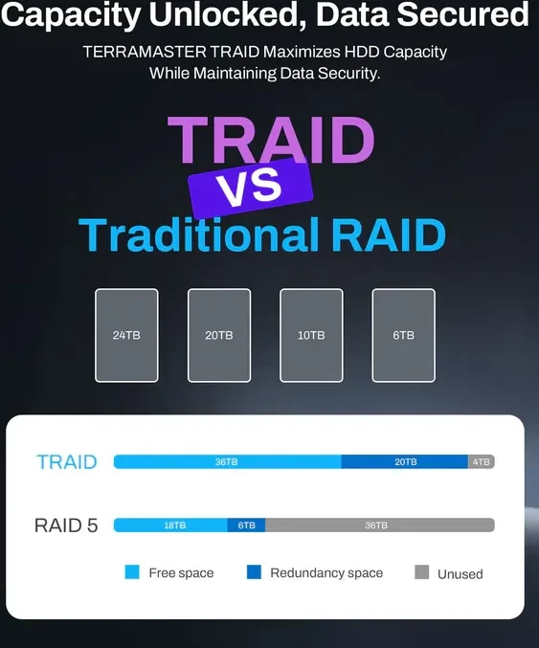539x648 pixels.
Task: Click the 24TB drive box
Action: [126, 335]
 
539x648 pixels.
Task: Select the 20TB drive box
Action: [219, 335]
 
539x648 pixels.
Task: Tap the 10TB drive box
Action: [311, 335]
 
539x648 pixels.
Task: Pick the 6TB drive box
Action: [403, 335]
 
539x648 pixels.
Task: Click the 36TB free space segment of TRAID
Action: [227, 461]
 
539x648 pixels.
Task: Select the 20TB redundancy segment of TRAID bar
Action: [405, 461]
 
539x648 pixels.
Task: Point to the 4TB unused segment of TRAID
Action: [482, 461]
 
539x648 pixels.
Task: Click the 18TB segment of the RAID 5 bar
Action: [170, 525]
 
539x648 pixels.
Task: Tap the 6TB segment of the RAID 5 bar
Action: [246, 525]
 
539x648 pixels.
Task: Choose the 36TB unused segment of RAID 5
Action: [380, 525]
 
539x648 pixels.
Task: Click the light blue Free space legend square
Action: [132, 572]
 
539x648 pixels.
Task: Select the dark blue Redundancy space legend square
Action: [254, 572]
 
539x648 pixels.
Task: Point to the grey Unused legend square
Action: [421, 572]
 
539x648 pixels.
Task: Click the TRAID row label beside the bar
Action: [67, 462]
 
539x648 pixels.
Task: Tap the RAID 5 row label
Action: [66, 525]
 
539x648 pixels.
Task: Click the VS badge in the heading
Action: [251, 188]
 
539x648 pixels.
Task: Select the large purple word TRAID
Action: [271, 140]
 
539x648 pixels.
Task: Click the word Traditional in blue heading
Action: [198, 235]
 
